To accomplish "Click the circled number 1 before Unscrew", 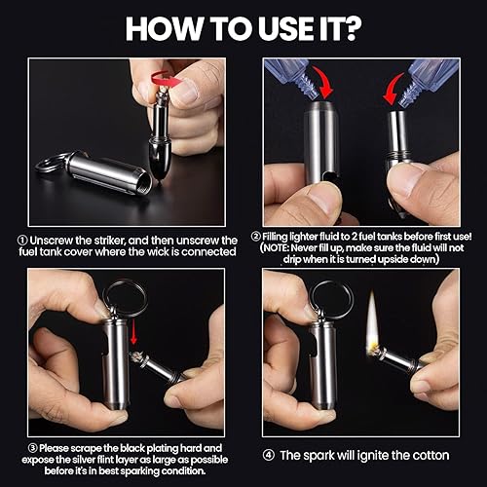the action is [22, 241].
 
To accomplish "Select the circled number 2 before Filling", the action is [256, 237].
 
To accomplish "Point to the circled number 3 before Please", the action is [33, 448].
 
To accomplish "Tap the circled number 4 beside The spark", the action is [268, 455].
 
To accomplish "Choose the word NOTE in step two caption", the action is [276, 248].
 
